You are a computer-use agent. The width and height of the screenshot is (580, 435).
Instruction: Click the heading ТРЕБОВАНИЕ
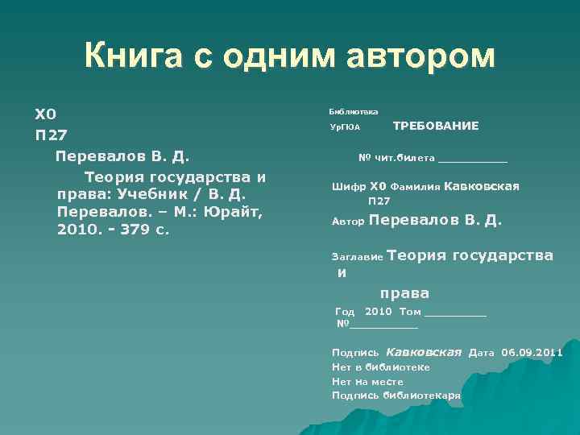point(436,126)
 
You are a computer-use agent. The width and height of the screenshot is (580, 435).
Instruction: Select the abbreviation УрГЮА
point(345,127)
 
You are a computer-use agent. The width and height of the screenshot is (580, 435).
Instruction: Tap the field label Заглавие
point(358,258)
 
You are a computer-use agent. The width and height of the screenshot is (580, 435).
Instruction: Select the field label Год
point(344,312)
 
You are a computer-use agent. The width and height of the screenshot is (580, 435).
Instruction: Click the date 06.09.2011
point(532,353)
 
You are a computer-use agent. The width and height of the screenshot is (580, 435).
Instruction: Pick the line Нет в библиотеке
point(380,367)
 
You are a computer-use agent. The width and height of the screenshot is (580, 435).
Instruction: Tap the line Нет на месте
point(367,382)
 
